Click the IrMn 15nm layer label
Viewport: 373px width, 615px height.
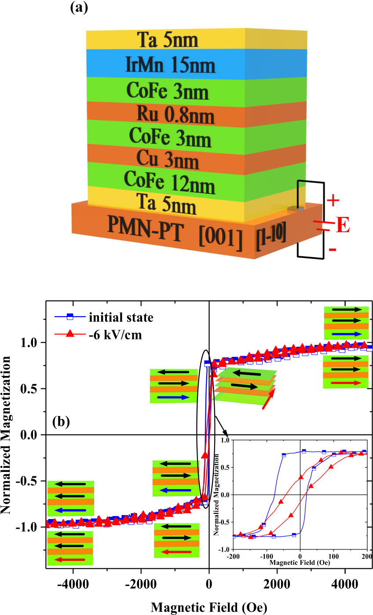pyautogui.click(x=170, y=66)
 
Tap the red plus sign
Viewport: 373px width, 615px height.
pyautogui.click(x=333, y=200)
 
